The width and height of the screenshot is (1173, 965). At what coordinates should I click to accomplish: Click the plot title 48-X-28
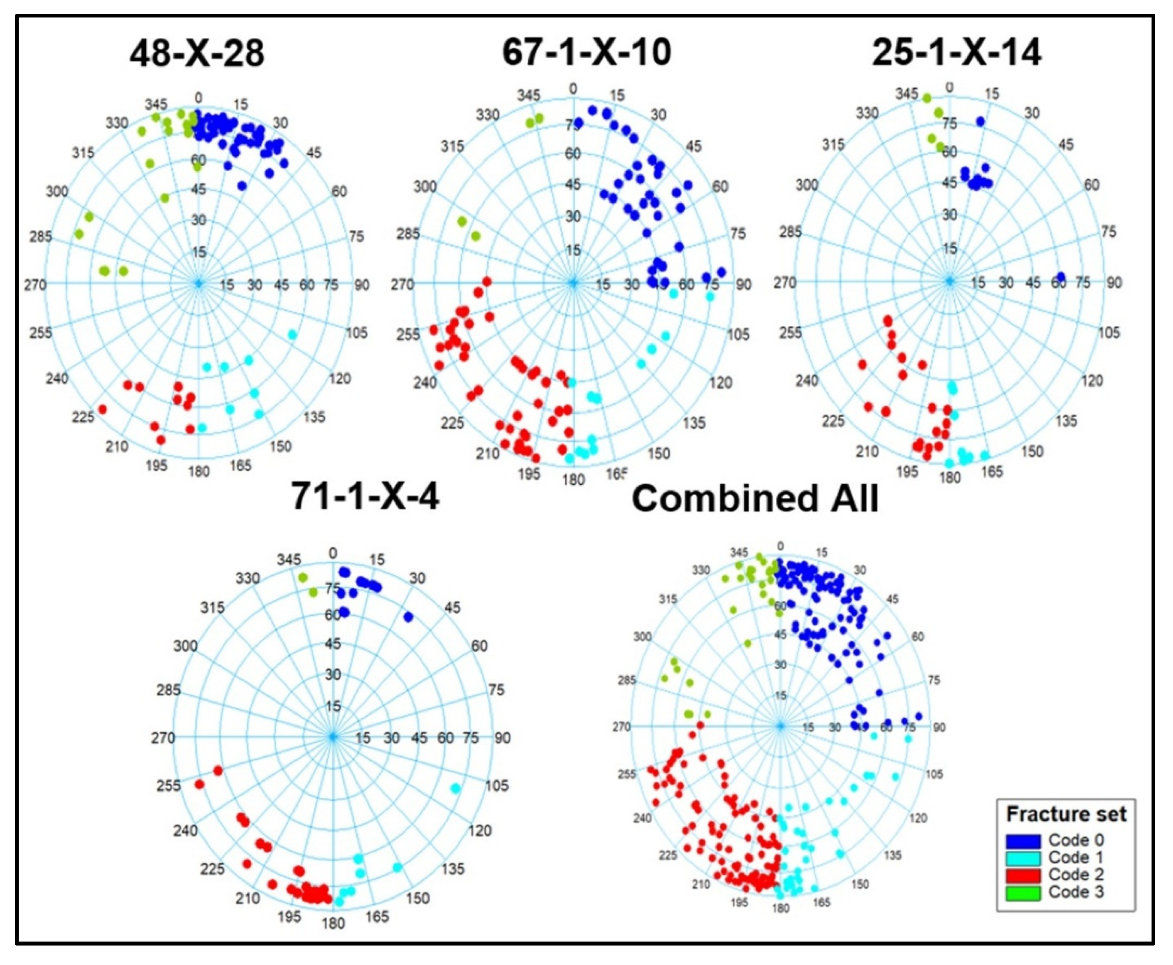(197, 54)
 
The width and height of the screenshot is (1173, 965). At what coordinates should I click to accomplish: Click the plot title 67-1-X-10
(587, 53)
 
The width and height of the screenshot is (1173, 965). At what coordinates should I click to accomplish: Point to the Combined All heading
(755, 499)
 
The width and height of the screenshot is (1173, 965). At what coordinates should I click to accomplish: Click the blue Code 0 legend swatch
(1023, 841)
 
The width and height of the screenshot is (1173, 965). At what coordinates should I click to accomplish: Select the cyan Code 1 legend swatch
(1023, 858)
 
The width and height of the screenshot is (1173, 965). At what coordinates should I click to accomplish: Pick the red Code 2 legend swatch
(1023, 875)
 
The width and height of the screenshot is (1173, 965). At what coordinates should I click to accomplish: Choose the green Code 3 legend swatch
(1023, 892)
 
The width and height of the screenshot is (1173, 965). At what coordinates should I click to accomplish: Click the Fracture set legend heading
(1066, 814)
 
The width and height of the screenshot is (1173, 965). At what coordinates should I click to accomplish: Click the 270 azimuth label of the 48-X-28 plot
(35, 285)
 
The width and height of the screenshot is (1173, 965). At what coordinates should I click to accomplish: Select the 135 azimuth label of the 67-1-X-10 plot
(694, 423)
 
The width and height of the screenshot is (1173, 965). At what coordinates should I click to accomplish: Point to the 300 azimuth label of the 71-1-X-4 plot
(185, 646)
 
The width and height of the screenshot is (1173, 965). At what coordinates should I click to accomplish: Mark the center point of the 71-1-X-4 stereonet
(332, 737)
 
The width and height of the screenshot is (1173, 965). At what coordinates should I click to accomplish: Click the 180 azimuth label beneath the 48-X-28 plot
(198, 472)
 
